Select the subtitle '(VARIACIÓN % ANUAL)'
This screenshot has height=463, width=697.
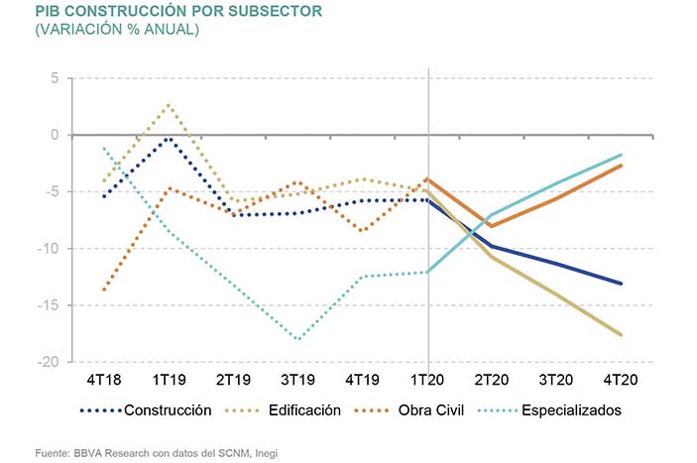point(117,31)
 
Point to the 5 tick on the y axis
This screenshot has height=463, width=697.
point(56,78)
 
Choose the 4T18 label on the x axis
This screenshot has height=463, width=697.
point(104,380)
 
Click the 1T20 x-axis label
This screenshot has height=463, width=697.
point(427,380)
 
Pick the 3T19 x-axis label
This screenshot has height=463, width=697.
point(298,380)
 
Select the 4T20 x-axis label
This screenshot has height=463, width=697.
point(622,380)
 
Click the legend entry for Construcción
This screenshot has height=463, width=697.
point(170,409)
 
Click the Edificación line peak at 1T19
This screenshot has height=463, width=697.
point(169,105)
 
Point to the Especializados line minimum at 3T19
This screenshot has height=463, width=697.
point(298,339)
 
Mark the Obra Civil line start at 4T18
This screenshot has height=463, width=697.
point(104,289)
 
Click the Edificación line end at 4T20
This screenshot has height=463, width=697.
point(622,335)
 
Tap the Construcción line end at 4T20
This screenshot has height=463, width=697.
point(622,284)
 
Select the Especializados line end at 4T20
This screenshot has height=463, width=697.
point(622,155)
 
